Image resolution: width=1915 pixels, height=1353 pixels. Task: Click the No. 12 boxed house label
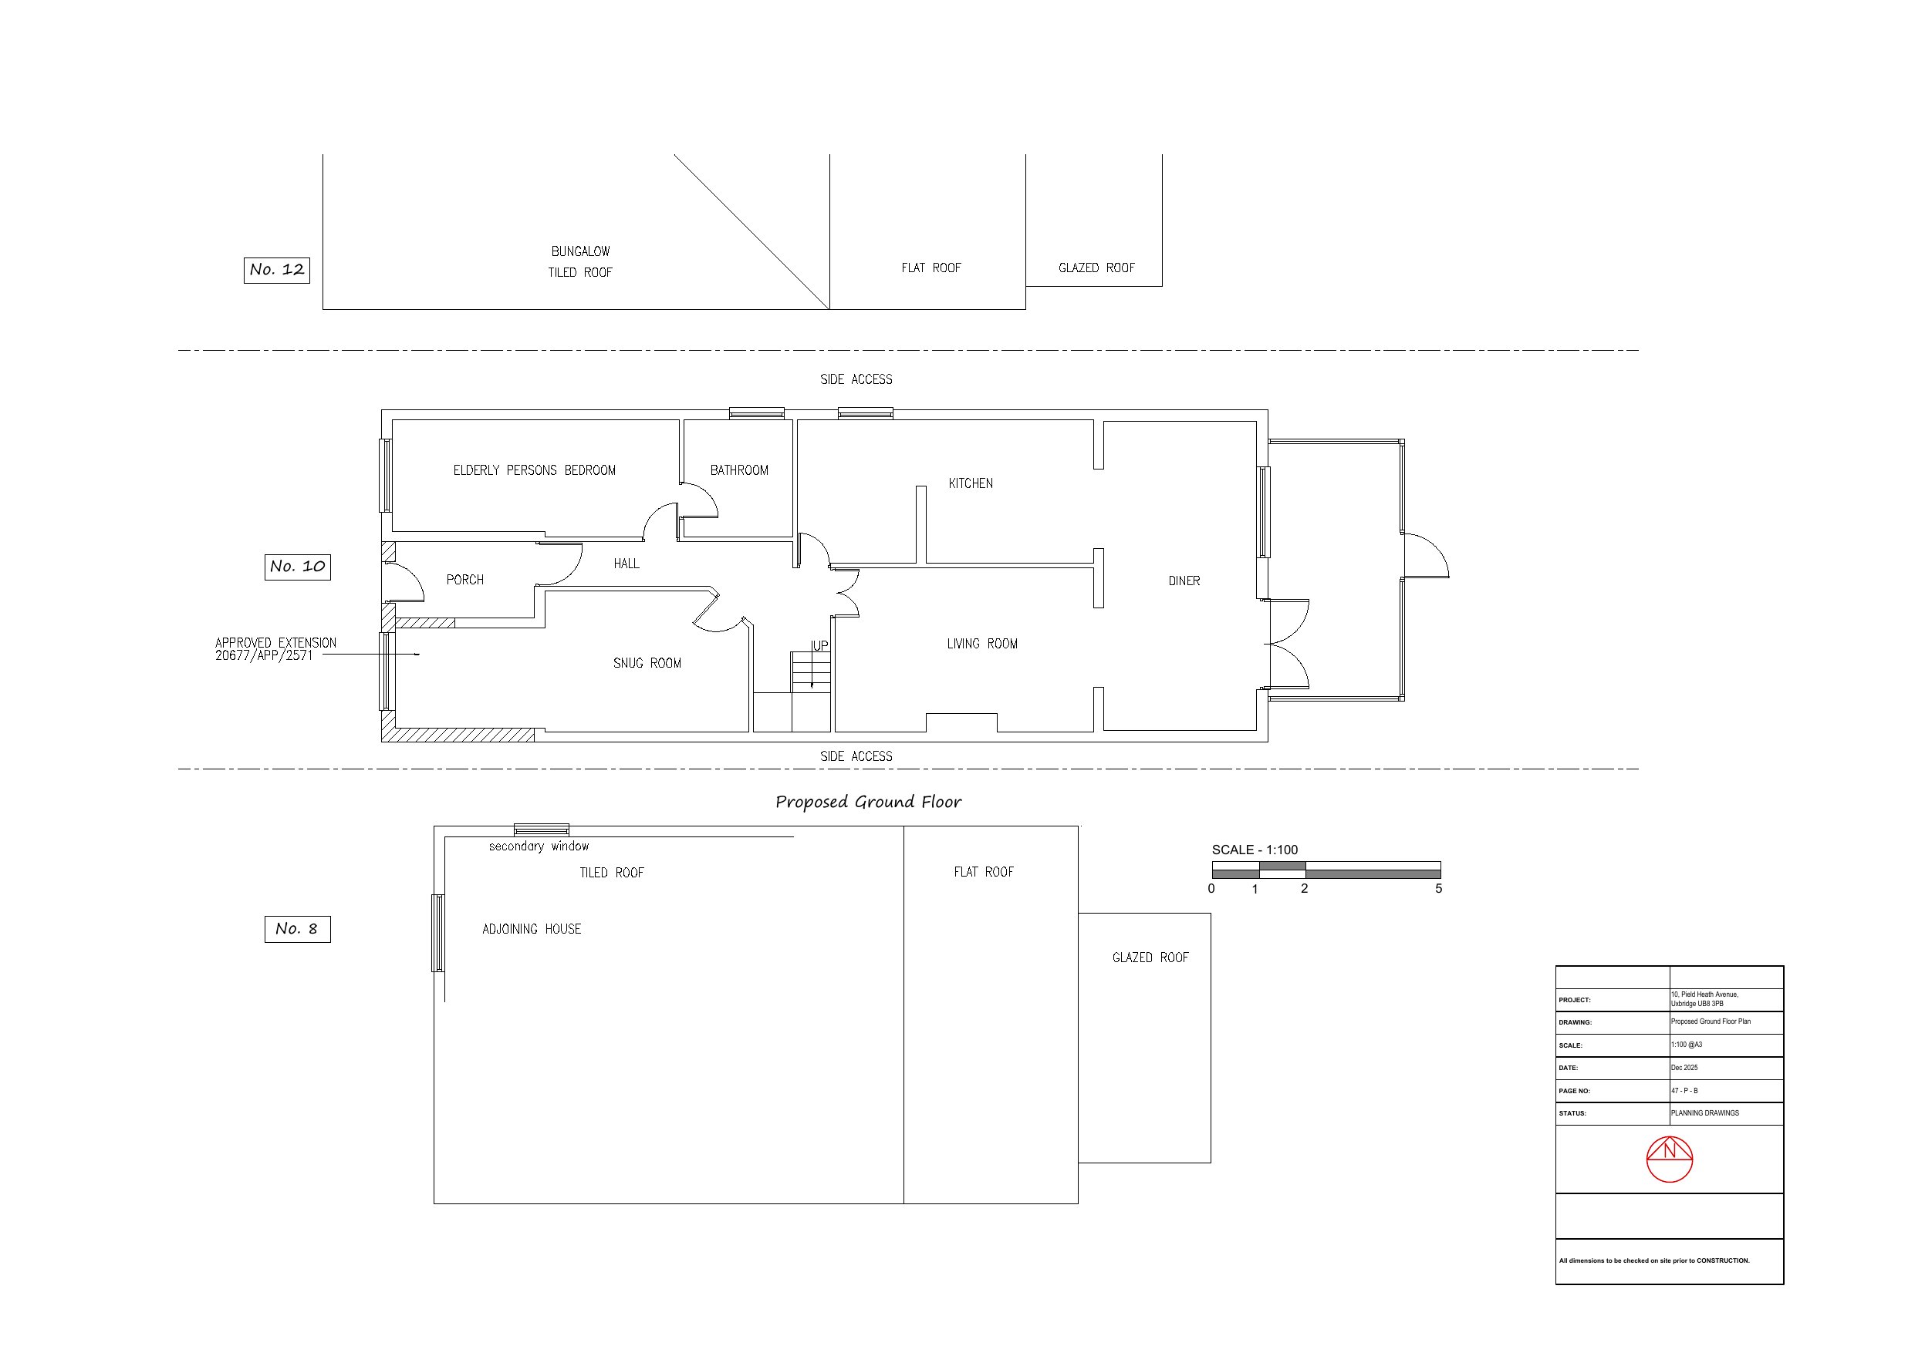click(277, 270)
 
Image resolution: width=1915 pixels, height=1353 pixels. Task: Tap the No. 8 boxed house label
click(298, 929)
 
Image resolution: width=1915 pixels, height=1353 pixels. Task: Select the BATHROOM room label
click(739, 470)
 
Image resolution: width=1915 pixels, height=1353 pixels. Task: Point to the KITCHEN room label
click(971, 483)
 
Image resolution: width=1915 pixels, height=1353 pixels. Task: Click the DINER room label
click(1184, 581)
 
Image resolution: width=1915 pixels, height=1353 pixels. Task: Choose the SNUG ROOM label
click(647, 664)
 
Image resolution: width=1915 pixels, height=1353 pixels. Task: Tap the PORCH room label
click(464, 581)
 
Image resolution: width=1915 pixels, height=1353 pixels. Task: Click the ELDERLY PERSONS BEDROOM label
click(535, 470)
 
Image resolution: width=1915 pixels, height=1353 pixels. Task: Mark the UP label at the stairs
click(820, 646)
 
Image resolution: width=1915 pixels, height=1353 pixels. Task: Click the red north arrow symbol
click(1670, 1159)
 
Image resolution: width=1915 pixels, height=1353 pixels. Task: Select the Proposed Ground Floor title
click(868, 802)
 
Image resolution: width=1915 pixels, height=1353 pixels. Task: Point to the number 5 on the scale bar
click(1439, 889)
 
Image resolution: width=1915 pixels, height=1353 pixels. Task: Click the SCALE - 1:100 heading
click(1255, 850)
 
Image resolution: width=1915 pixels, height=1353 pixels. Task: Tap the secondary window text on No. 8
click(539, 846)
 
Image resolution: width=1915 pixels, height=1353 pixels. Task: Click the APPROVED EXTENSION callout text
click(276, 648)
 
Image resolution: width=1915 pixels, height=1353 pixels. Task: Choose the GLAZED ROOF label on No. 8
click(1150, 958)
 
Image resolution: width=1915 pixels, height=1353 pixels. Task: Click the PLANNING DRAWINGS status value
click(1705, 1113)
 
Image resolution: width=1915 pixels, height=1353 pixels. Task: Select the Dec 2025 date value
click(1684, 1068)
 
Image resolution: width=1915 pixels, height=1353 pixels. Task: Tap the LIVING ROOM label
click(981, 644)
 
